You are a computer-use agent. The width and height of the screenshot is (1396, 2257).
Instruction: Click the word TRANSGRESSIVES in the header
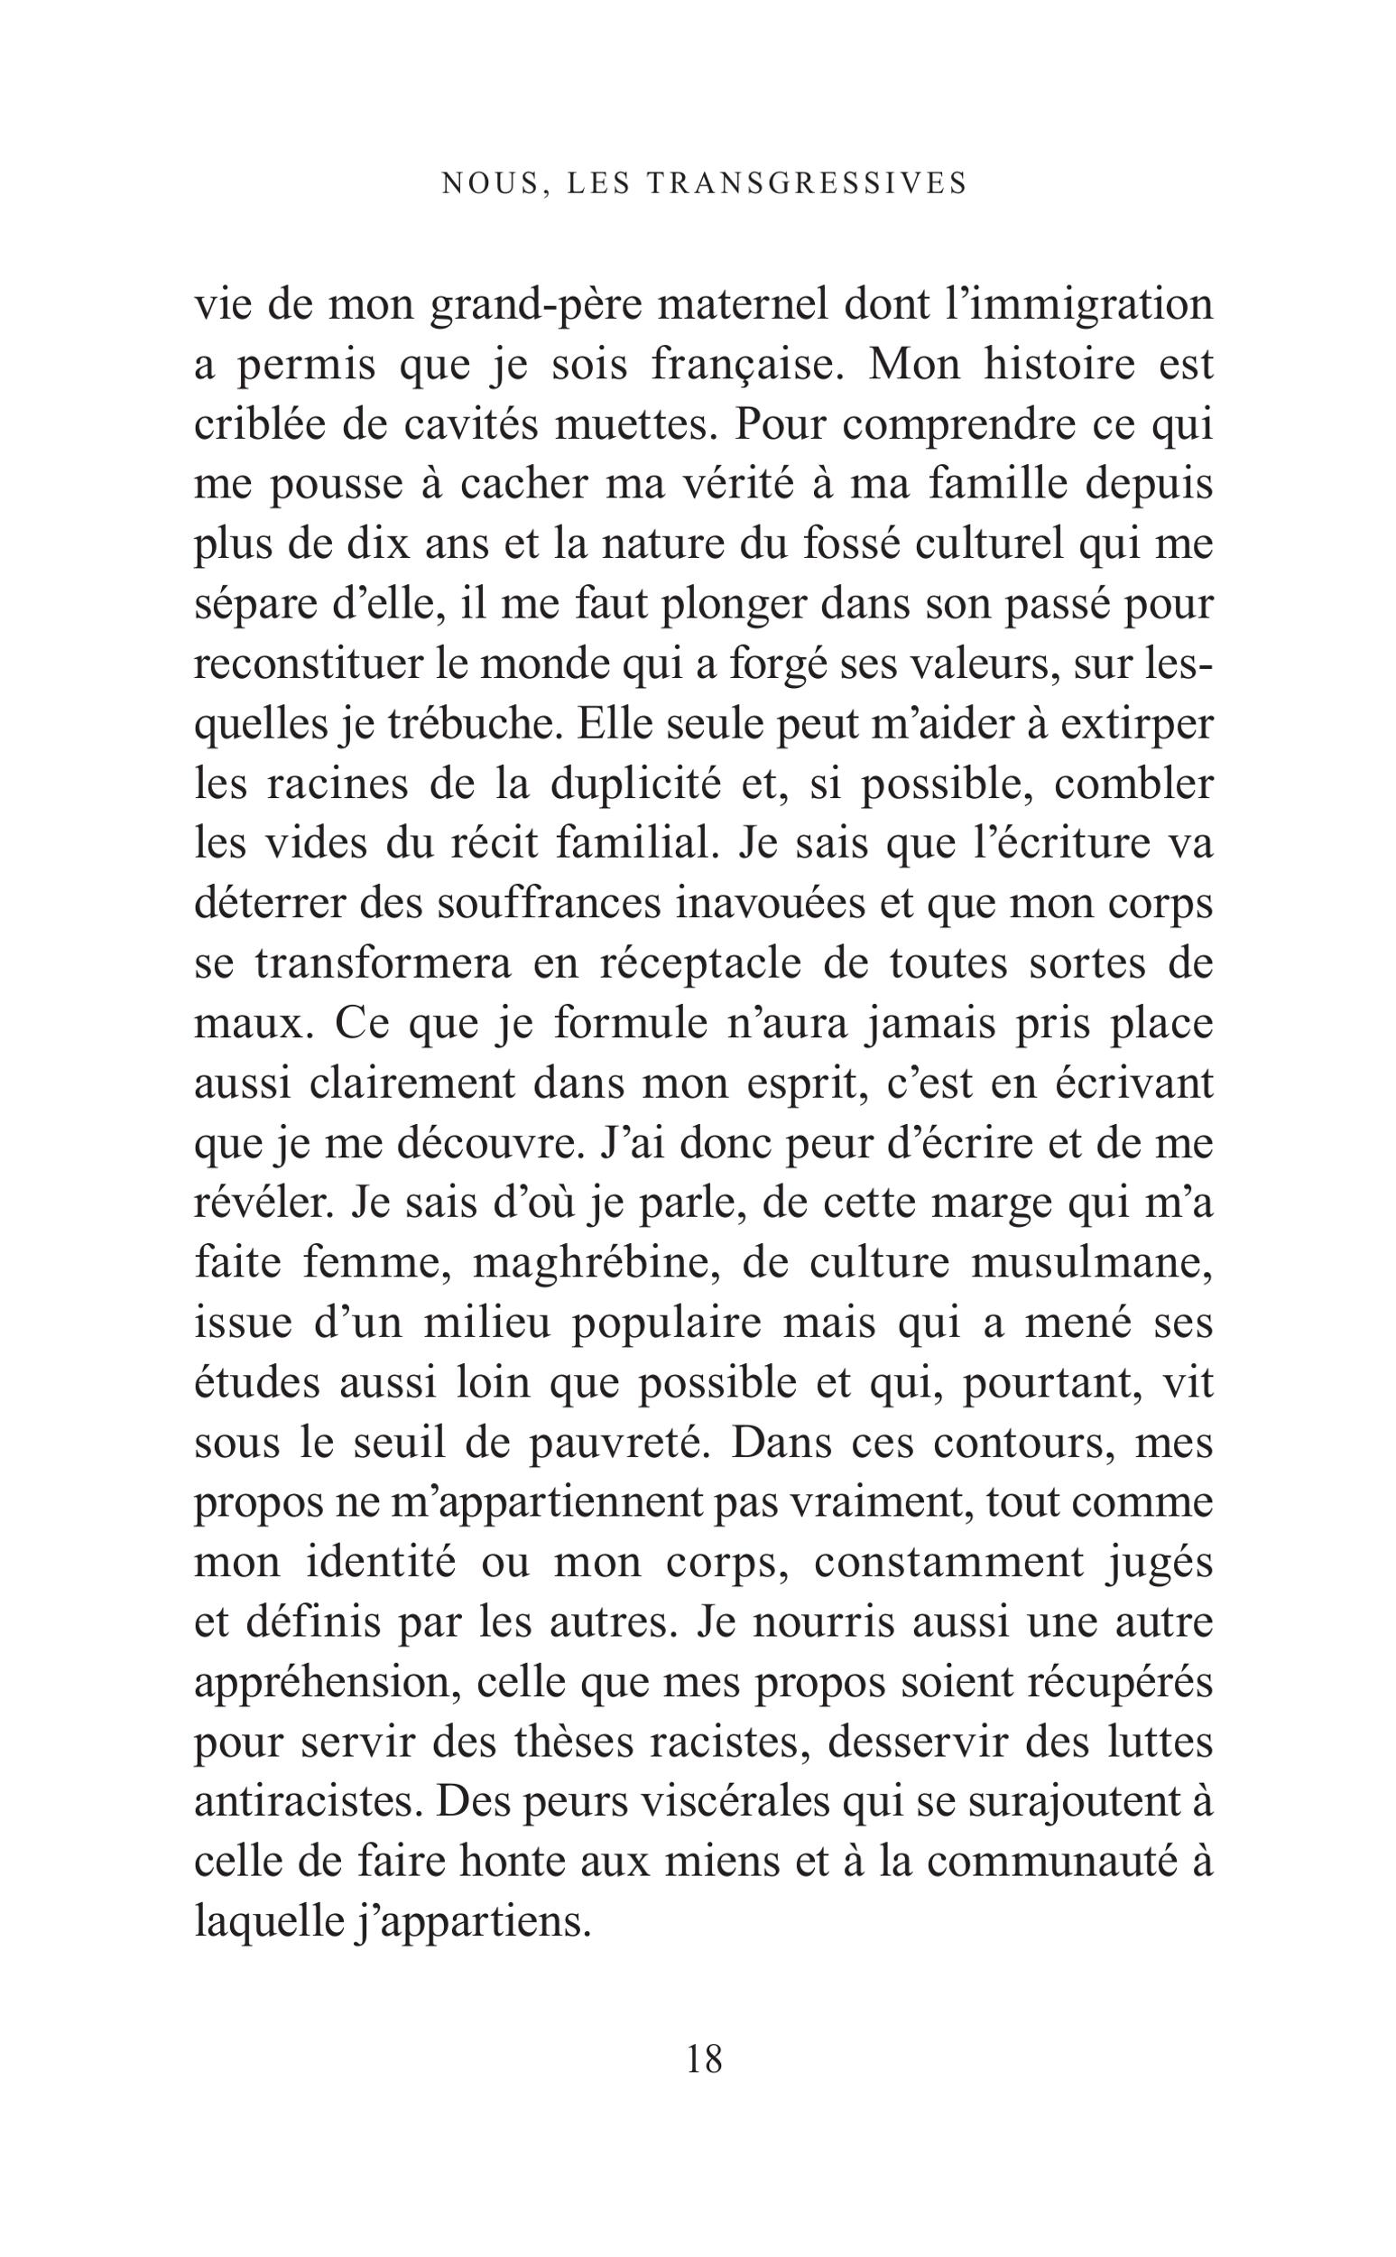coord(807,184)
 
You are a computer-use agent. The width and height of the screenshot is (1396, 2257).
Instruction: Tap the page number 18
coord(705,2058)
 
